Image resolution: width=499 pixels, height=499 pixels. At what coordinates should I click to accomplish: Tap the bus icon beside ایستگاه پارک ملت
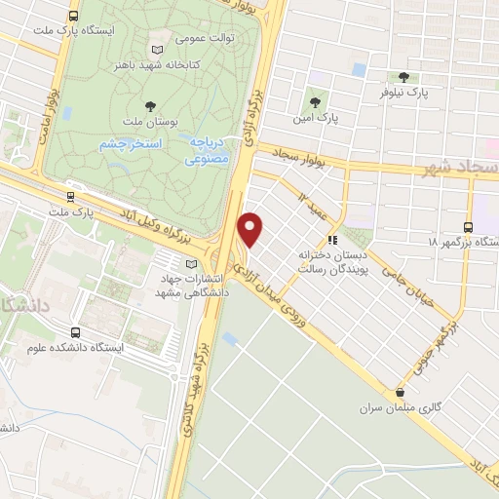click(x=75, y=16)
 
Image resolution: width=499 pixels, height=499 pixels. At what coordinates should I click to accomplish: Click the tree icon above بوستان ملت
click(x=149, y=104)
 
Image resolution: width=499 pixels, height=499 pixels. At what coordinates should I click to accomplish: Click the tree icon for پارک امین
click(x=314, y=100)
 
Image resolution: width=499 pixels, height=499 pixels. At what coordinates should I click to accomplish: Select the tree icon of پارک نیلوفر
click(x=403, y=77)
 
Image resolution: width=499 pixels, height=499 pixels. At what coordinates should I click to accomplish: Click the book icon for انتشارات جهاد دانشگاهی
click(x=190, y=261)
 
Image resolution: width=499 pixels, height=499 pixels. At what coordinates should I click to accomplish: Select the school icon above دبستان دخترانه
click(x=332, y=239)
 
